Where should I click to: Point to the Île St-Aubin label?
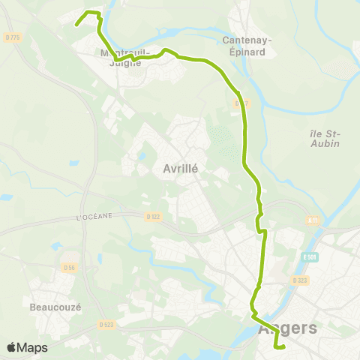tap(324, 138)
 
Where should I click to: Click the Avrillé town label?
tap(180, 169)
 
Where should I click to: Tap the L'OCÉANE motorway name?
tap(94, 216)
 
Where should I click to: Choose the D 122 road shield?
tap(153, 217)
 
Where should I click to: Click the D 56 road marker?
tap(70, 267)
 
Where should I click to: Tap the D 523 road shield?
tap(106, 325)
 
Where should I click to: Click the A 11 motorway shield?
tap(313, 220)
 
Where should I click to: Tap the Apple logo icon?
tap(12, 347)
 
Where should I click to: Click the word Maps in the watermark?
tap(32, 347)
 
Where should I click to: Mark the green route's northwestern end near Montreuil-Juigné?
tap(76, 24)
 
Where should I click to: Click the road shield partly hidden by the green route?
tap(240, 103)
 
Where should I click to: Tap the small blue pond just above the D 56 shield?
tap(55, 247)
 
